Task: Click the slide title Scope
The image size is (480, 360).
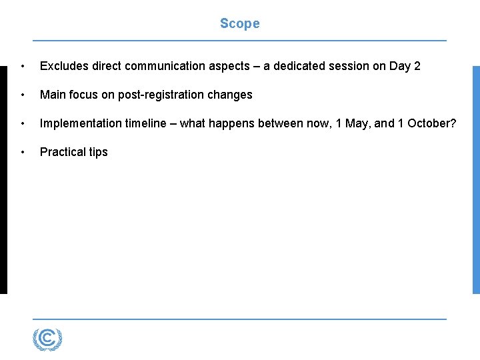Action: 239,24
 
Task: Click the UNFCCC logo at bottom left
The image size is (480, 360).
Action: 47,340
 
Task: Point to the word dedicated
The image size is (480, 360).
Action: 305,66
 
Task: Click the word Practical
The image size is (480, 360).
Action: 62,152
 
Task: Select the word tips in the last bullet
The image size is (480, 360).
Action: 98,152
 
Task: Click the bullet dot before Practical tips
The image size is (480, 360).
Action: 23,152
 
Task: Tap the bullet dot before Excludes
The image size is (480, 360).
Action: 23,66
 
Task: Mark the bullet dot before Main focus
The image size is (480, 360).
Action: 23,95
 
